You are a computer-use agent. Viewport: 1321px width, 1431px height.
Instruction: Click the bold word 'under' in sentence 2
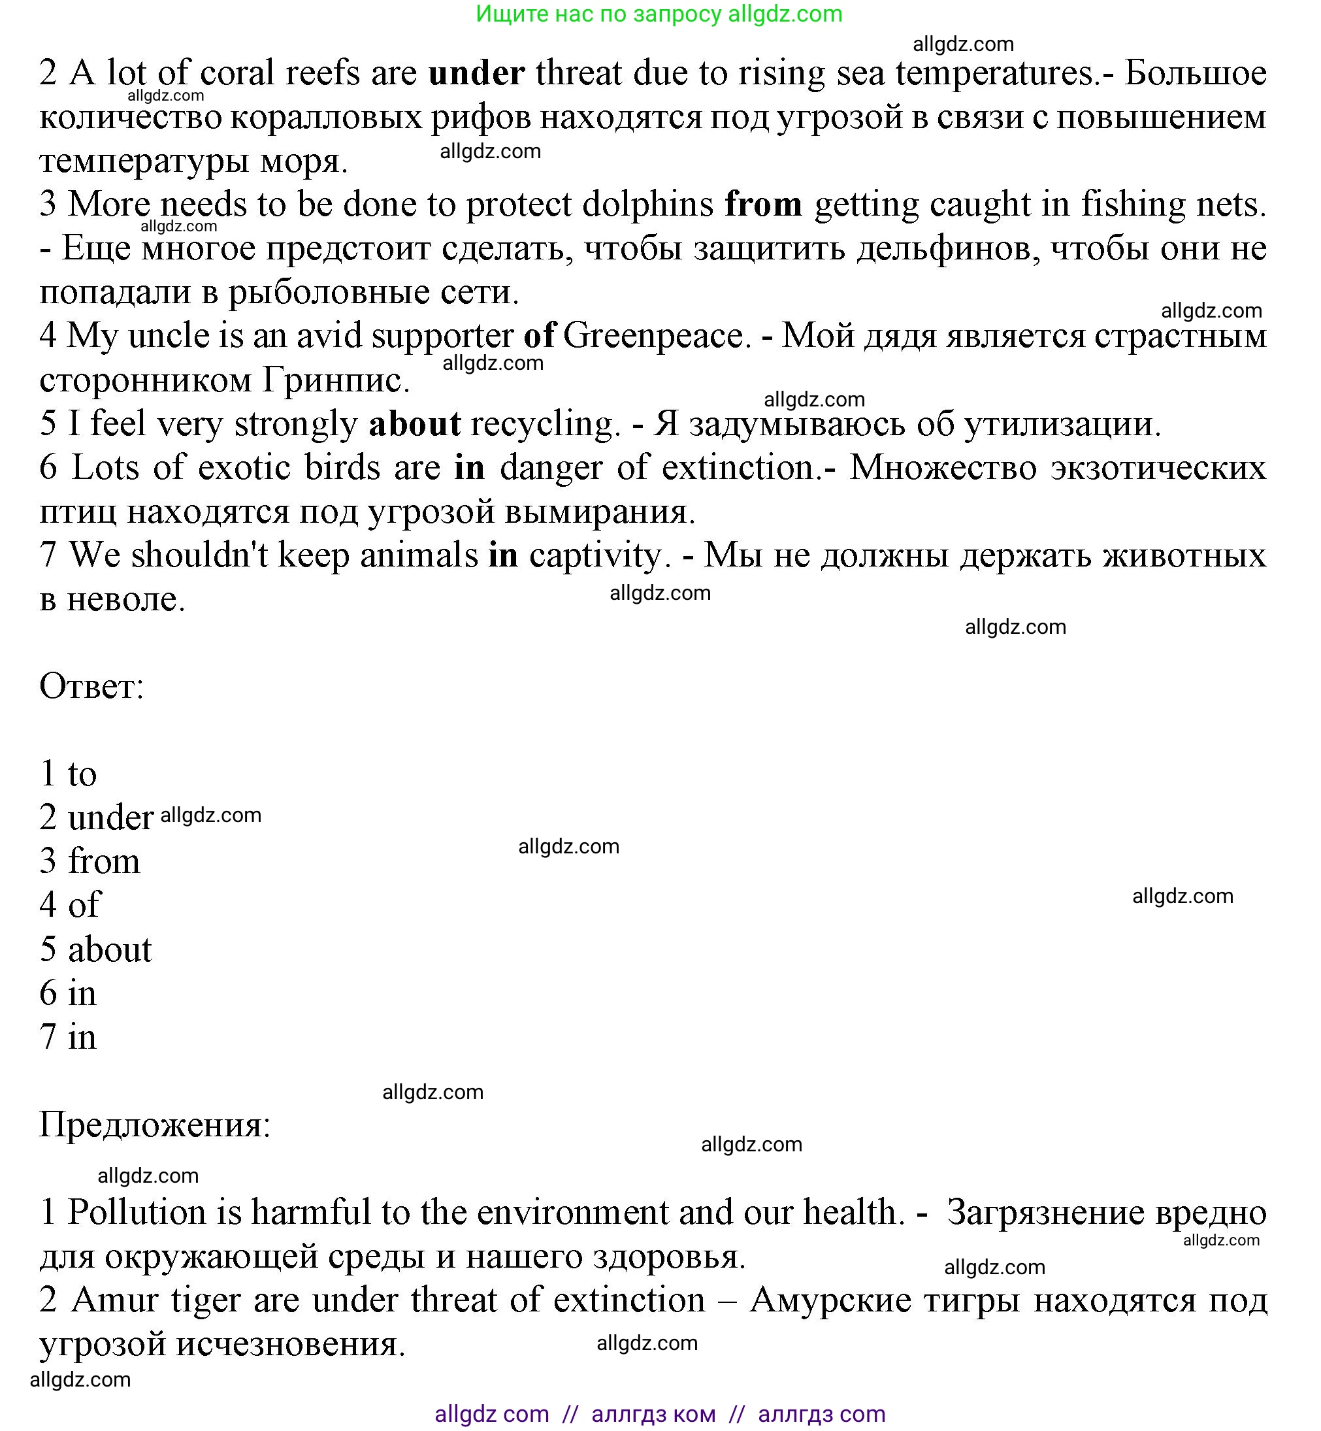coord(477,74)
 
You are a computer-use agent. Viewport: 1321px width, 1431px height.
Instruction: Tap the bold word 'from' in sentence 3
coord(762,205)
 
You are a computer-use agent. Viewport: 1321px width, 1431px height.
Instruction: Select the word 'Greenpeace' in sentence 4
coord(653,337)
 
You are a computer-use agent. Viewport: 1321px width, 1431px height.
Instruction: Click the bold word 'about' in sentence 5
coord(415,425)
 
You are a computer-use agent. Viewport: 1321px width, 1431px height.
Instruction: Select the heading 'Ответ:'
coord(91,687)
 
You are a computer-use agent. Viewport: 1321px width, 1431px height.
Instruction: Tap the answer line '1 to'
coord(68,774)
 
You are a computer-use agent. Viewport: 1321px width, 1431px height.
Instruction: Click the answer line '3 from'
coord(90,861)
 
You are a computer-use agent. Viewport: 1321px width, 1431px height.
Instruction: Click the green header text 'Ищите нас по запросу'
coord(599,14)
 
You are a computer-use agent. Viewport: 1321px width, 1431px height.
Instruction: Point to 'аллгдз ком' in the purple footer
coord(653,1414)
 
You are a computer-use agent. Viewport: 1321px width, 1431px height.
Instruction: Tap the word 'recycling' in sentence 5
coord(541,425)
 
